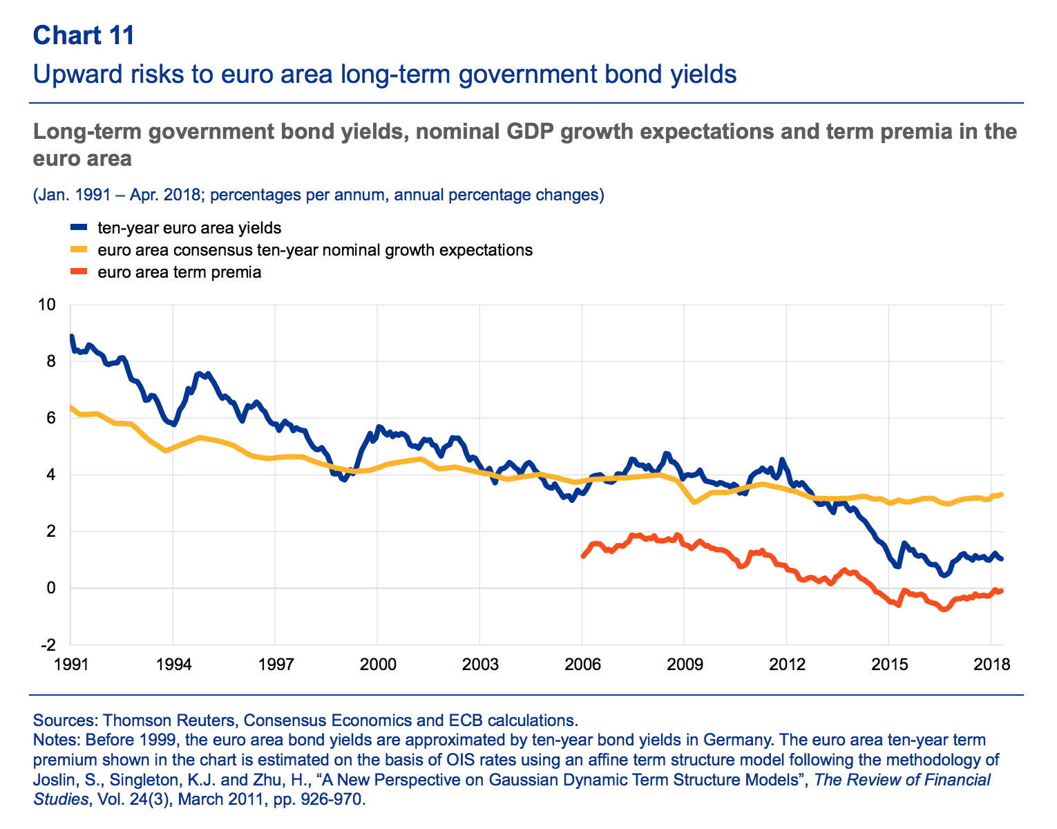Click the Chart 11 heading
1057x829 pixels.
[84, 35]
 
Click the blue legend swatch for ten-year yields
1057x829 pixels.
[79, 227]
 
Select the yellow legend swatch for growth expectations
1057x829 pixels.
[79, 249]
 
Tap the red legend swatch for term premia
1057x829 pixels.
[79, 271]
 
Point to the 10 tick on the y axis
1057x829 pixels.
[46, 305]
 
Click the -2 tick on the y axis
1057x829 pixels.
[48, 645]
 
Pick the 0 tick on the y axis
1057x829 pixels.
[50, 588]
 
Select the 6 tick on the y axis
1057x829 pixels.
[50, 418]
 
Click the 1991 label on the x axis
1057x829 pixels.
[70, 665]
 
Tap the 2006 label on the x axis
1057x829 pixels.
[582, 665]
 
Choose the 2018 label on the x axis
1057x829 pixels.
[992, 665]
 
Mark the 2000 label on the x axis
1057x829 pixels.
[378, 665]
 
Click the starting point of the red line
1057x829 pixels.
[583, 555]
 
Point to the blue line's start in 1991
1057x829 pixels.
[71, 337]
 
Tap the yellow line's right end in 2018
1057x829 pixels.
[1001, 495]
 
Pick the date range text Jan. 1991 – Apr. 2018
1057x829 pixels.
[117, 195]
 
